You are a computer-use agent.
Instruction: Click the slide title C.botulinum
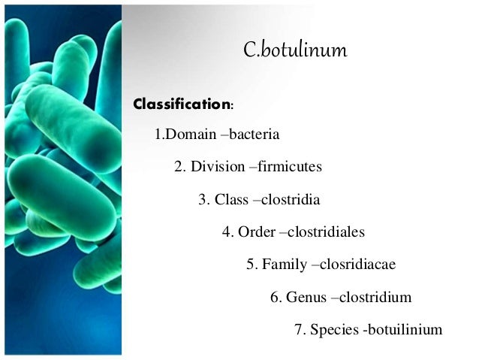(297, 52)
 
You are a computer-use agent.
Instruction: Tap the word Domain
(185, 136)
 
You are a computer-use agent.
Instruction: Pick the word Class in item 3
(231, 200)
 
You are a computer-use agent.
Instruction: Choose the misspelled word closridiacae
(358, 265)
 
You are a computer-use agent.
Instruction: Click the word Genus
(307, 297)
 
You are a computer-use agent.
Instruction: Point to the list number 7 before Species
(298, 329)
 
